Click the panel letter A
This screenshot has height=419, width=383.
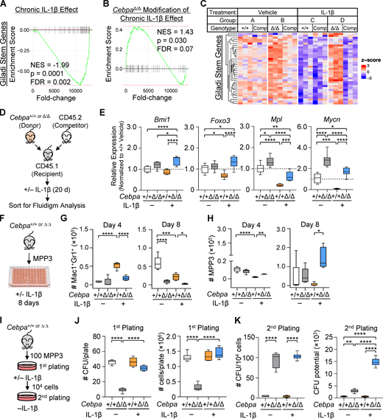5,6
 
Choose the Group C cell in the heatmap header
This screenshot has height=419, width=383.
317,22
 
